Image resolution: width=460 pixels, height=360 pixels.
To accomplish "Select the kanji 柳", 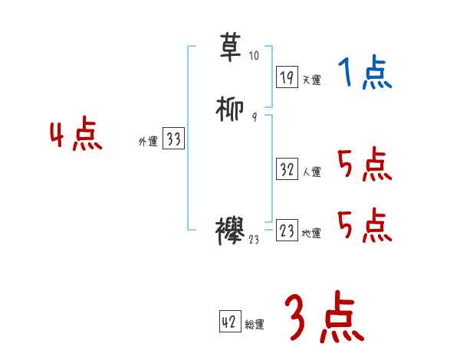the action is [232, 109].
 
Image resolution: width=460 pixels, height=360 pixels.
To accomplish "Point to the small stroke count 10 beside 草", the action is [255, 57].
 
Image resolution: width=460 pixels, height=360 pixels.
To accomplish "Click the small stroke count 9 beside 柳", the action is [254, 117].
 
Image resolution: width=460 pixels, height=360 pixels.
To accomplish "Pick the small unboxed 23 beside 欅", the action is [255, 240].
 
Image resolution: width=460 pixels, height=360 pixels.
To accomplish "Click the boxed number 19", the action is [287, 77].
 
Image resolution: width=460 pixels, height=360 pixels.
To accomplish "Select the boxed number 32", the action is [287, 169].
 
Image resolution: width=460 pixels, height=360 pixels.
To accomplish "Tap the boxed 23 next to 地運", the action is [287, 231].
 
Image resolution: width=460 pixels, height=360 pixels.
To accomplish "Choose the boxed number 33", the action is [173, 139].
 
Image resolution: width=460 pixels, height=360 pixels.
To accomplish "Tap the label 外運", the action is [148, 142].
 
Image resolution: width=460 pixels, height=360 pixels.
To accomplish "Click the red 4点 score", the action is [76, 136].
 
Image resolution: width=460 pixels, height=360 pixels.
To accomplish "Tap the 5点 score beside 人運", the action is [364, 165].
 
